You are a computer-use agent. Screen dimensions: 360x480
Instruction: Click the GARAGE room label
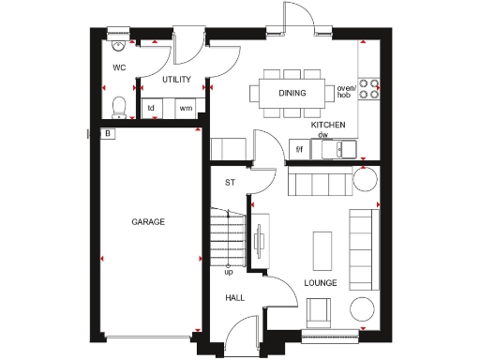(x=148, y=222)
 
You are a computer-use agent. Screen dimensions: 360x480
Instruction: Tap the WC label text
(x=119, y=68)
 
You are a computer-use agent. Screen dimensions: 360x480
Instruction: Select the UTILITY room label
(x=176, y=81)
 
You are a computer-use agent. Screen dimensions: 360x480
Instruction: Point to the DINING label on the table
(x=292, y=93)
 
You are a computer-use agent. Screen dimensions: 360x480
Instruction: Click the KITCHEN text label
(x=328, y=125)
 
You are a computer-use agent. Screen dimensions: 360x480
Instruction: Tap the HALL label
(x=234, y=297)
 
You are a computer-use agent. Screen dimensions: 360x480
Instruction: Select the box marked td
(x=151, y=109)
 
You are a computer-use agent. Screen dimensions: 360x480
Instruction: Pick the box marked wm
(x=186, y=109)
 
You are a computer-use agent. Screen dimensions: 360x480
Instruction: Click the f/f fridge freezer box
(x=300, y=148)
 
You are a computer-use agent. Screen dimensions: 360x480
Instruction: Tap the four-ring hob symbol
(x=371, y=88)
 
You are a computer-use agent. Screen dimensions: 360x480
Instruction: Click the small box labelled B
(x=109, y=134)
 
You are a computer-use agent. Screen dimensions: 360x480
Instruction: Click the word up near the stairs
(x=228, y=272)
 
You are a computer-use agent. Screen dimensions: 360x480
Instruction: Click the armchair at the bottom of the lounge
(x=320, y=312)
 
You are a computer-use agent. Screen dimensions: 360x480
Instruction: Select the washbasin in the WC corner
(x=117, y=43)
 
